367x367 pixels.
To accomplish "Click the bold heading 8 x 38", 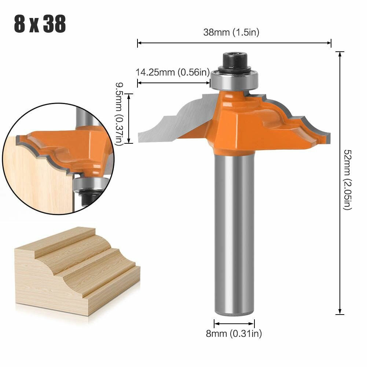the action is coord(40,24).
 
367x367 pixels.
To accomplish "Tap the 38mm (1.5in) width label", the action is coord(231,32).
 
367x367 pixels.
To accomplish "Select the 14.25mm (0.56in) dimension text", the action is coord(173,72).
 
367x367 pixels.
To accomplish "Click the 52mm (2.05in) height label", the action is coord(348,180).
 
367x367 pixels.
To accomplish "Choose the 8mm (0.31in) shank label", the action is coord(234,333).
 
